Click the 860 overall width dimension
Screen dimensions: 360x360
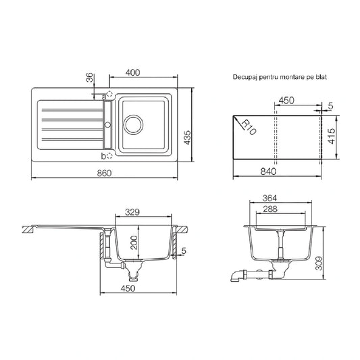coord(104,173)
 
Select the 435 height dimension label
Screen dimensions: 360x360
coord(188,138)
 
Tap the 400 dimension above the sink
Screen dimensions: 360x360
coord(132,72)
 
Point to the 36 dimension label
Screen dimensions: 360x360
coord(90,78)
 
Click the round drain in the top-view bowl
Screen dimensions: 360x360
coord(133,125)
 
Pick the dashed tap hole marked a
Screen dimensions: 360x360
coord(109,94)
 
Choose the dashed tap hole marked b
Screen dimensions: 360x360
coord(109,156)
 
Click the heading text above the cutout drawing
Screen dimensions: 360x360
coord(280,77)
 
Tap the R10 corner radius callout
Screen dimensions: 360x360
coord(249,127)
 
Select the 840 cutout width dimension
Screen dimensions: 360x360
coord(268,172)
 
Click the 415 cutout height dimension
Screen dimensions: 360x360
coord(332,136)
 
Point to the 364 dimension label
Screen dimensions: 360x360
coord(269,198)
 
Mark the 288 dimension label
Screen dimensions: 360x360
coord(270,209)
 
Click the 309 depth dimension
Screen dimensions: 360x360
coord(319,263)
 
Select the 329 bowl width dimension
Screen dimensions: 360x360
coord(132,212)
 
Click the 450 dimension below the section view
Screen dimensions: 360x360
coord(128,288)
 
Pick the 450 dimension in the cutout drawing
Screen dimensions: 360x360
coord(286,101)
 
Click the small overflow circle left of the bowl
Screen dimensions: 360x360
coord(107,125)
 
